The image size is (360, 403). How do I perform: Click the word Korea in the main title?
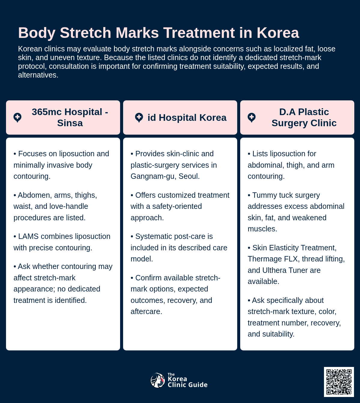pyautogui.click(x=278, y=33)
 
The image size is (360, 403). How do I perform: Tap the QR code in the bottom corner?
pyautogui.click(x=339, y=382)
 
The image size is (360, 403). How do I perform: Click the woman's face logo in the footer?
pyautogui.click(x=158, y=380)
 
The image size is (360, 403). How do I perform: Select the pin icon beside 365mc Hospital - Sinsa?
pyautogui.click(x=17, y=118)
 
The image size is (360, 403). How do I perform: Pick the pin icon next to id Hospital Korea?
pyautogui.click(x=139, y=118)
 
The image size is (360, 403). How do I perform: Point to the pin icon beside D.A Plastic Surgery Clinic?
pyautogui.click(x=252, y=118)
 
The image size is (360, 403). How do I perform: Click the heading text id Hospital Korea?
pyautogui.click(x=187, y=118)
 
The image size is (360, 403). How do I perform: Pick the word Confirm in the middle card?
pyautogui.click(x=148, y=278)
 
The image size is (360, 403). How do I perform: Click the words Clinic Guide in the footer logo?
pyautogui.click(x=187, y=385)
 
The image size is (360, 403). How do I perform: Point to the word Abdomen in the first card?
pyautogui.click(x=33, y=195)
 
